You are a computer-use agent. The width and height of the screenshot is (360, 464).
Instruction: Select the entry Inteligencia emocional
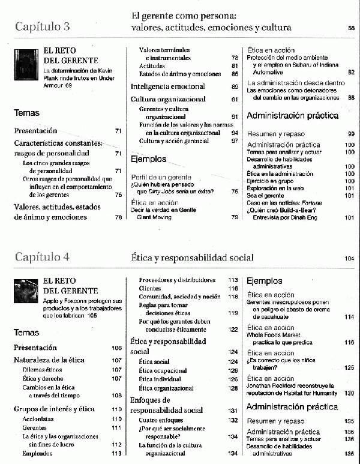(x=167, y=86)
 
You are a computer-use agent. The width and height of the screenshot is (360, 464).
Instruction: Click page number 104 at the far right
(x=350, y=259)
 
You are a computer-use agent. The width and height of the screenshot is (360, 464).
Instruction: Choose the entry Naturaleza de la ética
(x=49, y=360)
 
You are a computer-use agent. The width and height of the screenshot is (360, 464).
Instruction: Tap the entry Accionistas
(x=39, y=418)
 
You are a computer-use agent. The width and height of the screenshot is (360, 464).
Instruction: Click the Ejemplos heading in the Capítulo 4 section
(x=264, y=280)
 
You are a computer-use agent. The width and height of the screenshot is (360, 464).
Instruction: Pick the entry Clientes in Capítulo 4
(x=150, y=288)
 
